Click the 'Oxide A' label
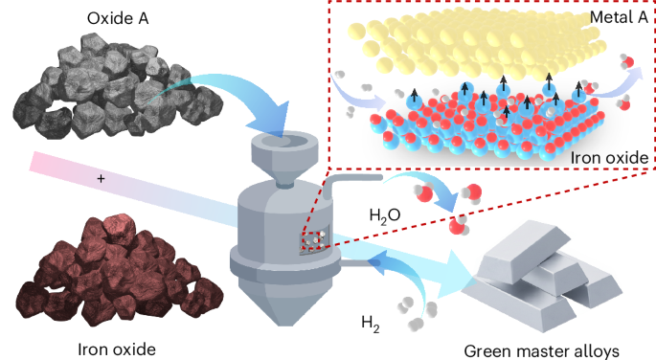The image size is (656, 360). pyautogui.click(x=118, y=18)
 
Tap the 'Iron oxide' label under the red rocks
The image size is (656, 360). pyautogui.click(x=117, y=349)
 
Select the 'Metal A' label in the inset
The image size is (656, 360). pyautogui.click(x=619, y=16)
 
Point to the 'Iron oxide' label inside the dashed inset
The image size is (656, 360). pyautogui.click(x=609, y=158)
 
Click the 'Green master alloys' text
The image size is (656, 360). pyautogui.click(x=541, y=351)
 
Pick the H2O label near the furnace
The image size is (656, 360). pyautogui.click(x=385, y=215)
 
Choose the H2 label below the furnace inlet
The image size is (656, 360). pyautogui.click(x=371, y=324)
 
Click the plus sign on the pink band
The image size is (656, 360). pyautogui.click(x=101, y=178)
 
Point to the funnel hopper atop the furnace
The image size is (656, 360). pyautogui.click(x=284, y=159)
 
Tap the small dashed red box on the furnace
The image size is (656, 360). pyautogui.click(x=314, y=241)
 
